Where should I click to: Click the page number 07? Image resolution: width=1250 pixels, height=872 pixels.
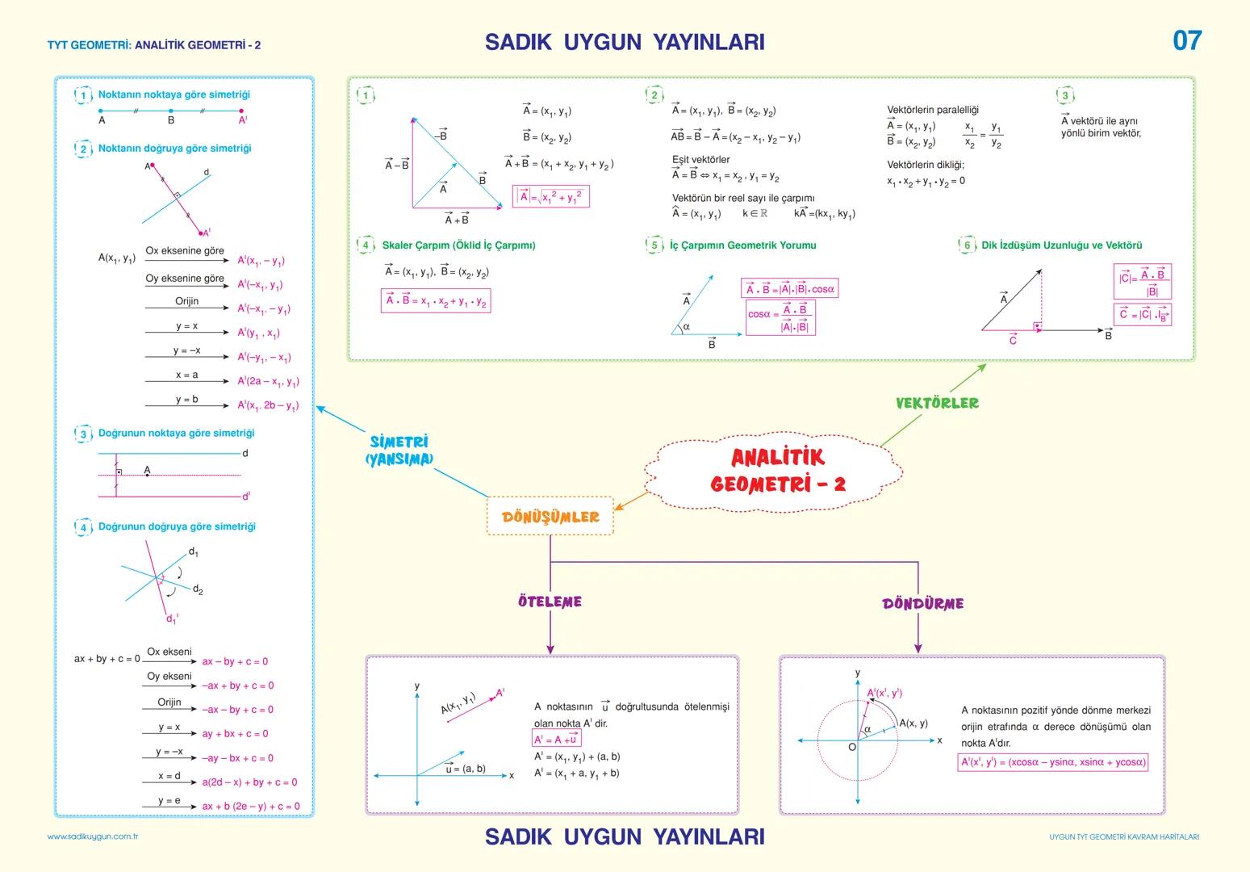1187,40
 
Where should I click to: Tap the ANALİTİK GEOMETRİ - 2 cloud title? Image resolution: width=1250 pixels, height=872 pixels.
778,470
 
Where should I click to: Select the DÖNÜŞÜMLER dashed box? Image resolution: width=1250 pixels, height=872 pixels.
550,517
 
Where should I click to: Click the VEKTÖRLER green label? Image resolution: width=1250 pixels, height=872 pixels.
937,402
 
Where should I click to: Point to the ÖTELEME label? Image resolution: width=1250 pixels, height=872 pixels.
550,602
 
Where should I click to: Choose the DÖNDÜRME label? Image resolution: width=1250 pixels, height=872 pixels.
922,603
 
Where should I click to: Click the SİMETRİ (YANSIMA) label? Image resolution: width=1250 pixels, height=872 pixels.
399,451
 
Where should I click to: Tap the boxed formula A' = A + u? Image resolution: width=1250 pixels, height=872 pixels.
556,740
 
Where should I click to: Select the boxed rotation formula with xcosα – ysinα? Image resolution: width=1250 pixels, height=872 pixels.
1052,762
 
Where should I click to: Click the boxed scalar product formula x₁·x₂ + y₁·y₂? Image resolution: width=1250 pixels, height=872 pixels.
436,301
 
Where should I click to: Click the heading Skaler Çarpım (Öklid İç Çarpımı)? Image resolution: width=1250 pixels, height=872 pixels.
458,245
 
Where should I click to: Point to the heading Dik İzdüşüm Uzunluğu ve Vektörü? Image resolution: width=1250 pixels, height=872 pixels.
1061,245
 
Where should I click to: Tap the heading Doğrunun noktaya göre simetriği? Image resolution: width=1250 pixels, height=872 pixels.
176,434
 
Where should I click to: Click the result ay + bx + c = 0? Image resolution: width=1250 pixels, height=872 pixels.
235,734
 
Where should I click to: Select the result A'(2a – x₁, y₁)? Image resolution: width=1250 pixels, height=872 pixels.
268,382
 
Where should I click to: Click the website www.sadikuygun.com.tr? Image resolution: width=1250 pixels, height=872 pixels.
93,836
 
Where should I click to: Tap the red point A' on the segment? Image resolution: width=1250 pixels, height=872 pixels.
241,111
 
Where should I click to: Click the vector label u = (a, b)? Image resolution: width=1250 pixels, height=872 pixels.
466,769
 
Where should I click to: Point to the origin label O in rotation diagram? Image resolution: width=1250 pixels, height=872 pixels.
851,748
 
